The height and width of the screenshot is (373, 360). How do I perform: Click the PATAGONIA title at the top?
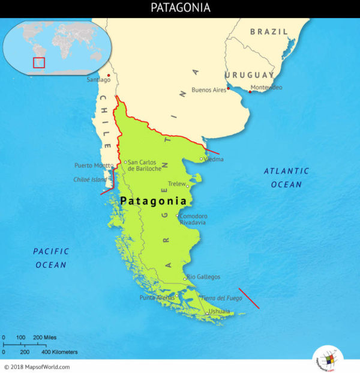[x=180, y=8]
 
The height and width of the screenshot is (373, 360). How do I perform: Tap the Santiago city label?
[x=98, y=80]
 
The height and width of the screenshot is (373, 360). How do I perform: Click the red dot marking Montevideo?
[x=249, y=92]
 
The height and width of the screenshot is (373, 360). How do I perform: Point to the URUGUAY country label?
[x=249, y=75]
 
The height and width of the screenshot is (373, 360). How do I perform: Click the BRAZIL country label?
[x=269, y=31]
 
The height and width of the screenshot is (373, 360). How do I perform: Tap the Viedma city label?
[x=214, y=159]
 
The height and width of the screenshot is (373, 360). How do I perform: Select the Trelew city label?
[x=177, y=183]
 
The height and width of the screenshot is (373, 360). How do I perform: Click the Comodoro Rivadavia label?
[x=193, y=219]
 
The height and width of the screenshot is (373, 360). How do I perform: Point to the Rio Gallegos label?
[x=203, y=277]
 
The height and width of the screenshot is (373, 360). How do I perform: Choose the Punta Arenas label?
[x=157, y=298]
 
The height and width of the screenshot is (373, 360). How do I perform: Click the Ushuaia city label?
[x=219, y=311]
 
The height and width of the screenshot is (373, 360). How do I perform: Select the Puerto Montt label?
[x=93, y=165]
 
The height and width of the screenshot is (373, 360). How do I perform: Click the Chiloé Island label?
[x=89, y=179]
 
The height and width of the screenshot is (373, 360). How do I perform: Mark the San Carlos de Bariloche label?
[x=145, y=165]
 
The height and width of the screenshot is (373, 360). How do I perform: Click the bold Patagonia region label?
[x=154, y=201]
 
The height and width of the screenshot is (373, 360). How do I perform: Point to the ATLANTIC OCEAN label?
[x=286, y=178]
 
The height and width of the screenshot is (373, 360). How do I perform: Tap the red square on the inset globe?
[x=39, y=62]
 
